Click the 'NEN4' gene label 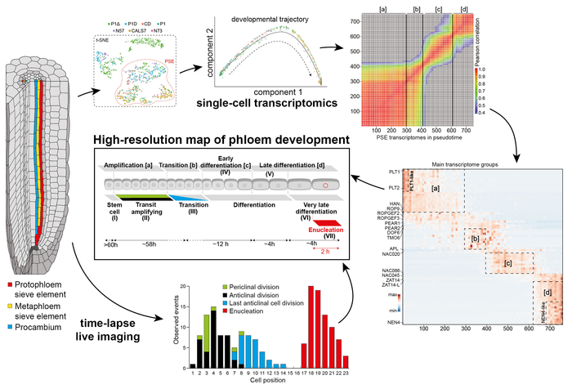392,323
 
